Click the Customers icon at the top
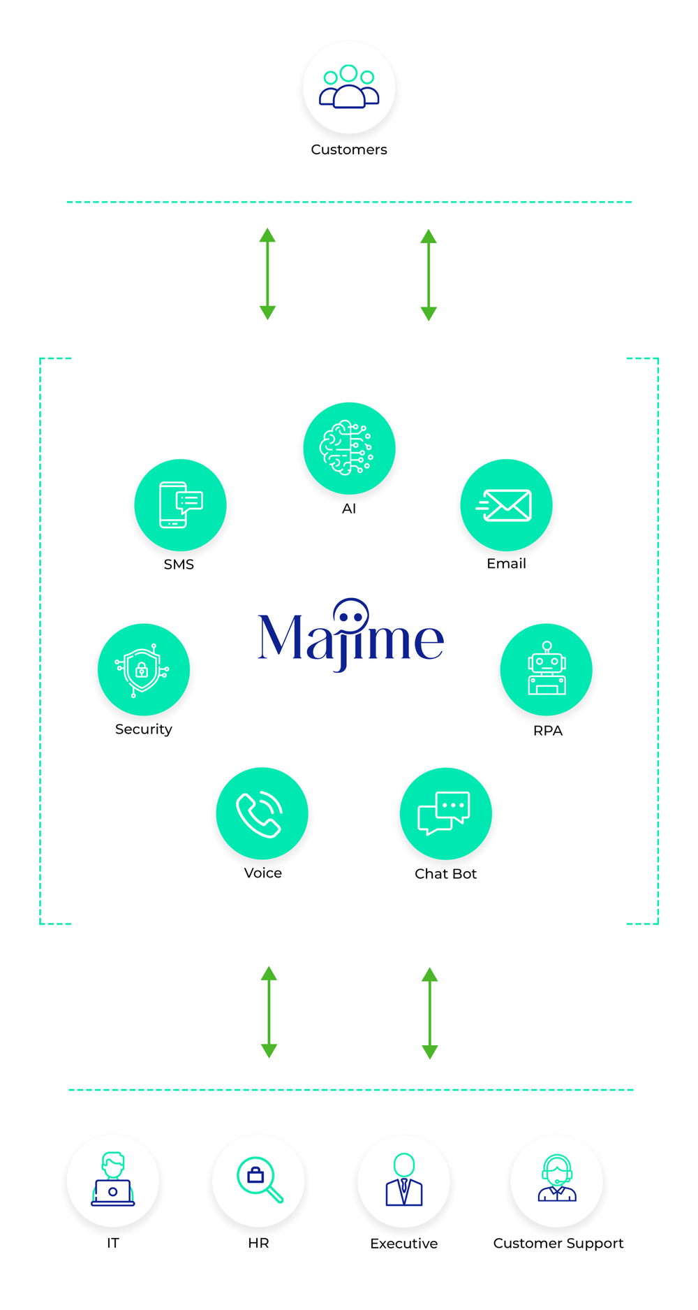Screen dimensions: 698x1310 (x=349, y=87)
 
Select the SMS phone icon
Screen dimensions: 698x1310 (x=180, y=505)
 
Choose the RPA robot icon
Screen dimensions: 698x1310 (x=547, y=669)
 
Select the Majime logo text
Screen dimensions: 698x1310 (x=350, y=636)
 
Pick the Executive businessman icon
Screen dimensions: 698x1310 (x=403, y=1181)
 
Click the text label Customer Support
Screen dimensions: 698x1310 (x=558, y=1244)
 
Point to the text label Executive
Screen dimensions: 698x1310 (x=404, y=1244)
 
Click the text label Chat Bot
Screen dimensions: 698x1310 (x=446, y=874)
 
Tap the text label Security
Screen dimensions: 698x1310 (x=144, y=729)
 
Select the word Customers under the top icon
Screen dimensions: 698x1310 (x=349, y=150)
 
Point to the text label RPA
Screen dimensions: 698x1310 (x=548, y=731)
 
